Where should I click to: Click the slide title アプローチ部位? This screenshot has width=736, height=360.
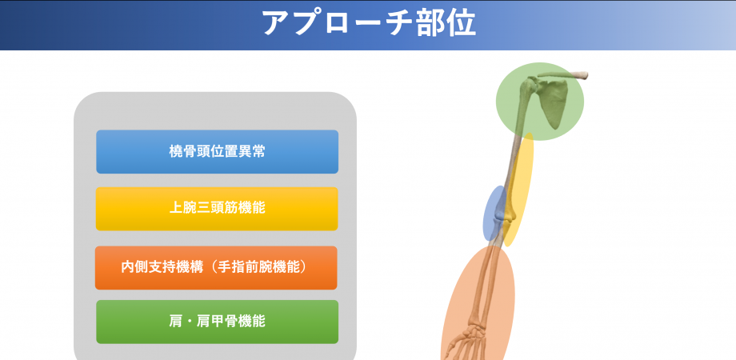pyautogui.click(x=368, y=23)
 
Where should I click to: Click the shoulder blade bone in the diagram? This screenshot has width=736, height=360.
pyautogui.click(x=554, y=104)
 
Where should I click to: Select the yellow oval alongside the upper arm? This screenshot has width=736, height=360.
pyautogui.click(x=521, y=192)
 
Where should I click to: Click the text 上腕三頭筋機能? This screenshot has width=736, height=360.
pyautogui.click(x=217, y=207)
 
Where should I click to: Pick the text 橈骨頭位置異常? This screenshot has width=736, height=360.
pyautogui.click(x=217, y=151)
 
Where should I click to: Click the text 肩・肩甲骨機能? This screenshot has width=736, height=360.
pyautogui.click(x=217, y=321)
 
